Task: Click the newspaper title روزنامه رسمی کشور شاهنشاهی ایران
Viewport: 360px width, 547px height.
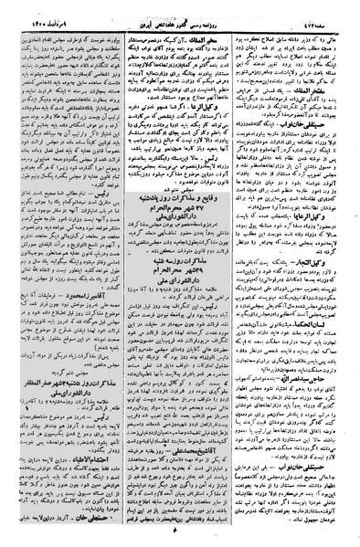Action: coord(180,7)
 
